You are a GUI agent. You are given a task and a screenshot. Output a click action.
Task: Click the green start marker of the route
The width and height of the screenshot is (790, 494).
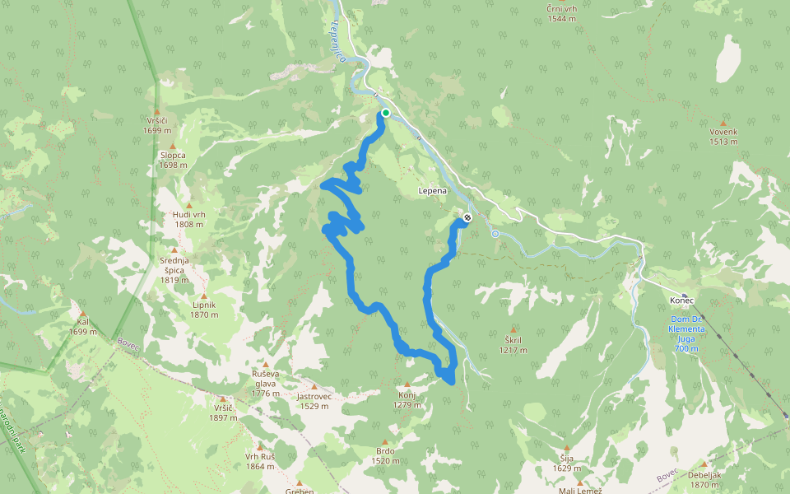click(385, 113)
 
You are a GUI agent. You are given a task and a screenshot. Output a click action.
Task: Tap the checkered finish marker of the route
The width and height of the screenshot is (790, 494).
click(467, 218)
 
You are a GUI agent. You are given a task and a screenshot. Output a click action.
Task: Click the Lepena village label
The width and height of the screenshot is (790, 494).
click(432, 191)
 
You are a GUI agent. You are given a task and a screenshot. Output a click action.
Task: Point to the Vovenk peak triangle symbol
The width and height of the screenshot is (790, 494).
click(723, 122)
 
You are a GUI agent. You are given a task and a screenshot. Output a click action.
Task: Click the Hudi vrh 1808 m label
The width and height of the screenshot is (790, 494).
click(188, 219)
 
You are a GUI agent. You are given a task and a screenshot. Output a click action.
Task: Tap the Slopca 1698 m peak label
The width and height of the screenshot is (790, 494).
click(173, 160)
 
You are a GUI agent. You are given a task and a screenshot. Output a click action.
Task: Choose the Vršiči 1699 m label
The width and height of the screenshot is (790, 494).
click(156, 125)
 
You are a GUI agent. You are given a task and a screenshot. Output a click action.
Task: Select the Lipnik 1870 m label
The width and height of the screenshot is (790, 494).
click(203, 309)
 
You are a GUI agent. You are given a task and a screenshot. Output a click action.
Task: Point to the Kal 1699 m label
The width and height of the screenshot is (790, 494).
click(82, 327)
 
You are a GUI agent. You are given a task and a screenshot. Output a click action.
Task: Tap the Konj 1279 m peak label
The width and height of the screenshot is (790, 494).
click(407, 399)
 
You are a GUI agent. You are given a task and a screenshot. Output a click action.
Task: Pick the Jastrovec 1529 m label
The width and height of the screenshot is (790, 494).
click(314, 400)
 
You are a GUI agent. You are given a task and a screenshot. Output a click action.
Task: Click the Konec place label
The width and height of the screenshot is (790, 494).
click(682, 300)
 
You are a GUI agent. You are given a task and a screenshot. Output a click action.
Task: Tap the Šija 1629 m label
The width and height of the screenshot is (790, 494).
click(565, 464)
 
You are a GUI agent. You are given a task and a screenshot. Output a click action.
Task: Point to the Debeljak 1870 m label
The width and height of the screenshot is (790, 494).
click(704, 479)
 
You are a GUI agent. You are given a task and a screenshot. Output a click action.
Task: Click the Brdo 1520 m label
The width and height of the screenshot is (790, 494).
click(385, 455)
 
